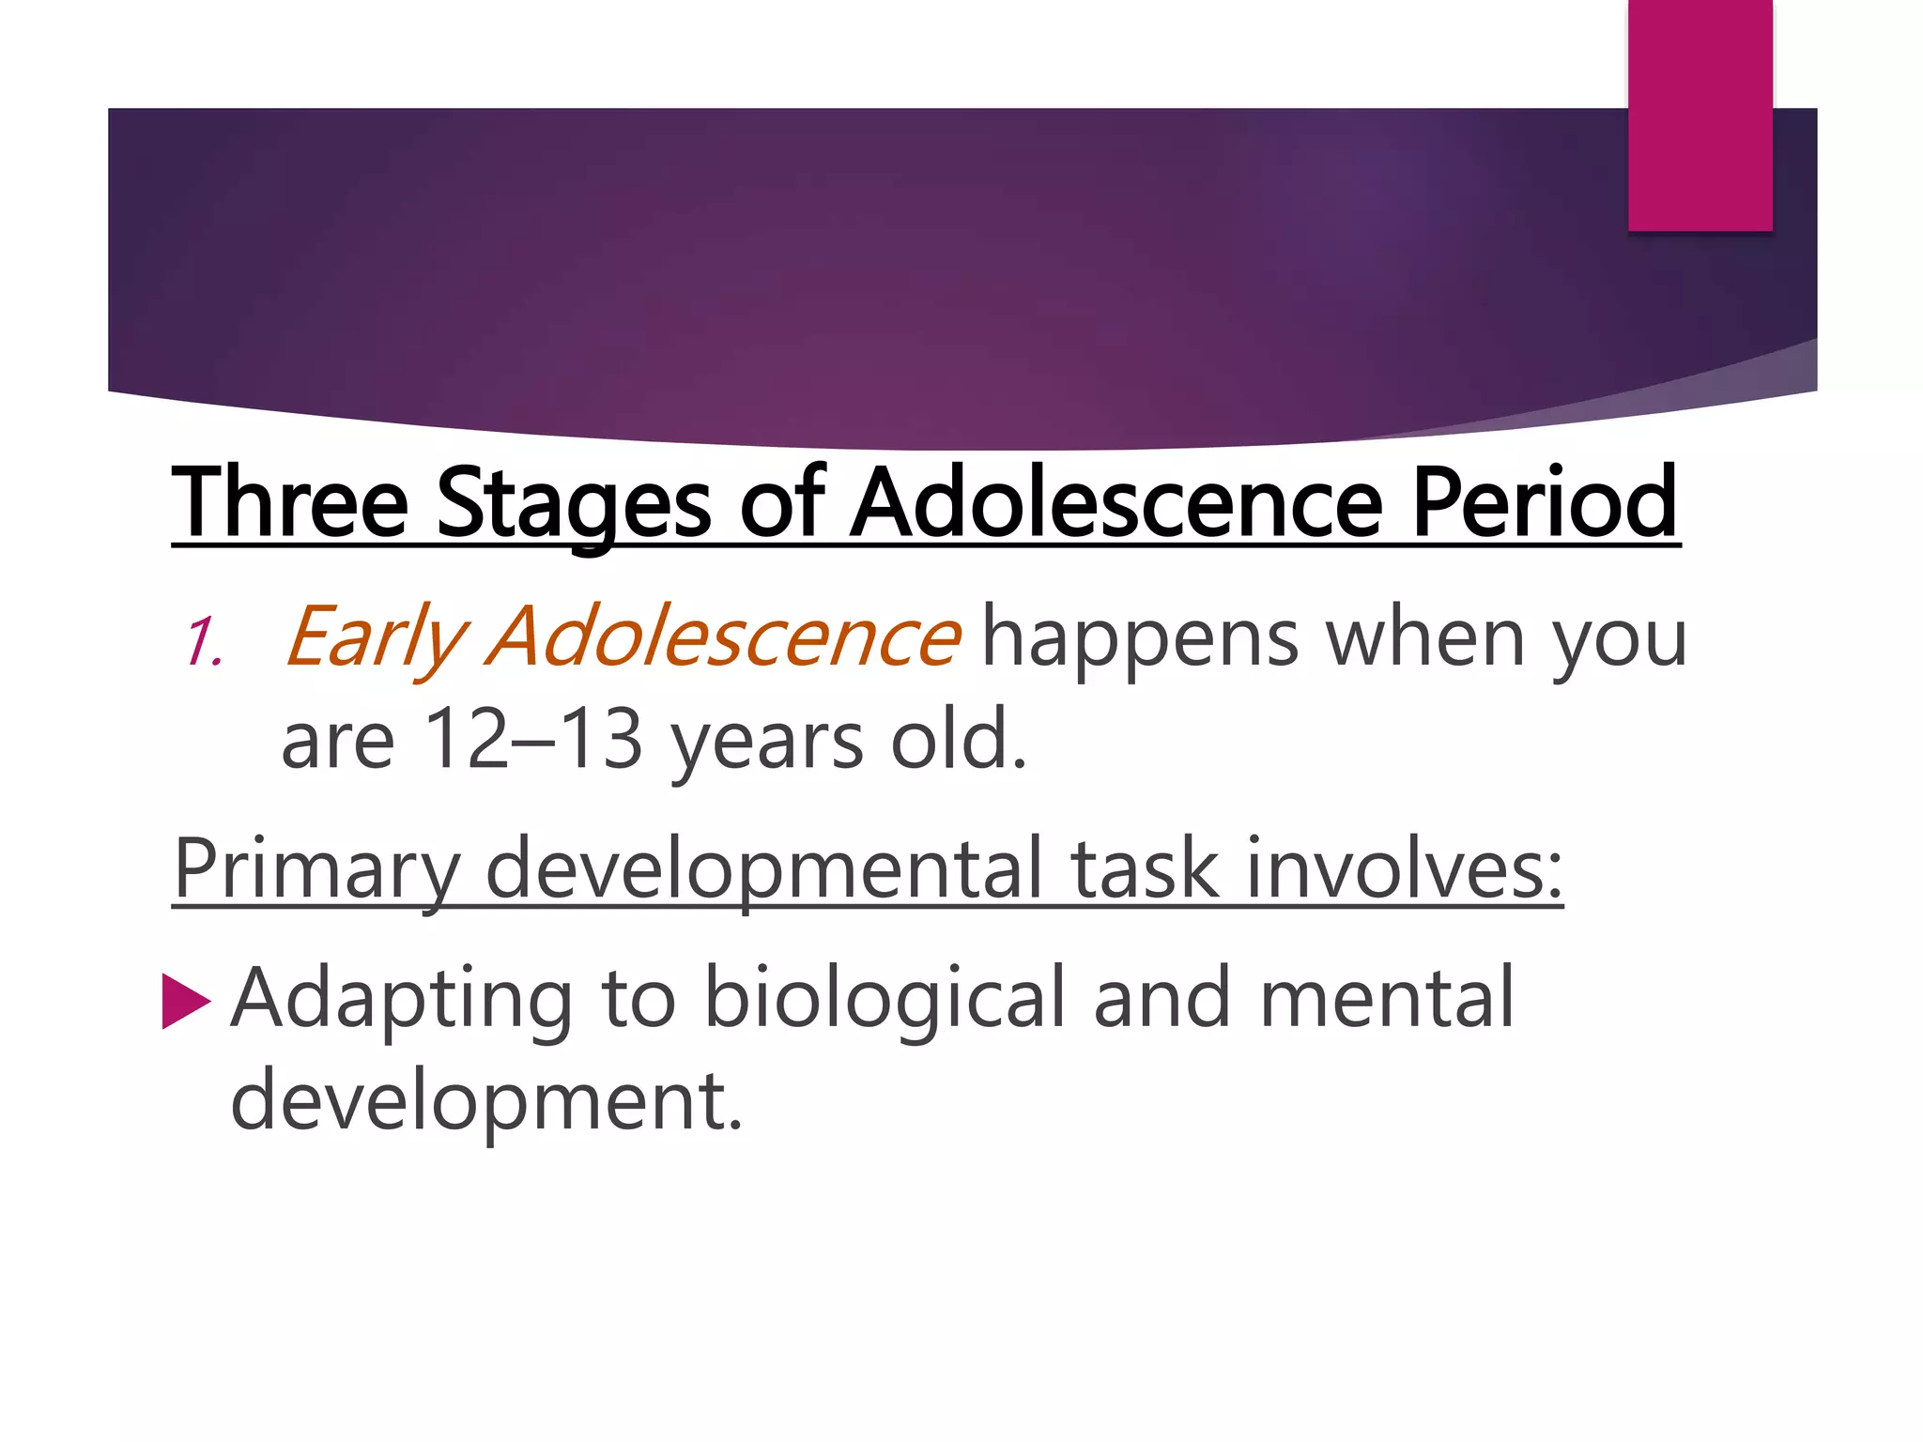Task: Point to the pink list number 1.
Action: (x=203, y=643)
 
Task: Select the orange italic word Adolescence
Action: (x=723, y=637)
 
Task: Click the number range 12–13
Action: (x=533, y=739)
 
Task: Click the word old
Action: (x=958, y=739)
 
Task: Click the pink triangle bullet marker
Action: (x=185, y=1001)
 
